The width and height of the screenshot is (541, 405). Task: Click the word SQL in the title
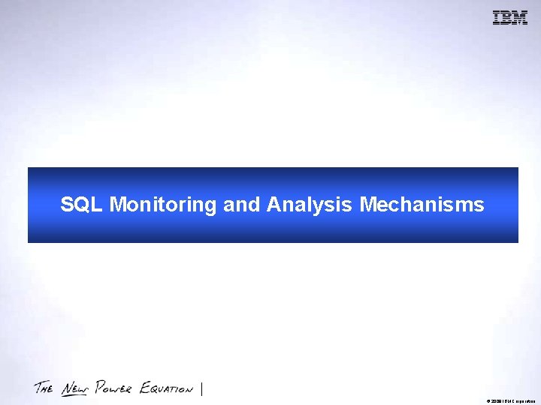pos(82,205)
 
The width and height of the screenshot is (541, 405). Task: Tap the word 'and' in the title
pos(241,205)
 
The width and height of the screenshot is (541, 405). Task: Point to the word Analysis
pos(309,205)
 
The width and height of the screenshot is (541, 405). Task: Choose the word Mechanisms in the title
pos(422,205)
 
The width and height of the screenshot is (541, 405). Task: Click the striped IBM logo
pos(509,18)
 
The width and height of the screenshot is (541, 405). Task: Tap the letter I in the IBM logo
pos(497,18)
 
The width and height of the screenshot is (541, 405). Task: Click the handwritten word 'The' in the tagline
pos(44,388)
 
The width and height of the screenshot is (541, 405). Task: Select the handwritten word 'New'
pos(74,388)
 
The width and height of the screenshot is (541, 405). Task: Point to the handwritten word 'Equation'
pos(166,388)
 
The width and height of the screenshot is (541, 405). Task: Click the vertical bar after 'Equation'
pos(203,388)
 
